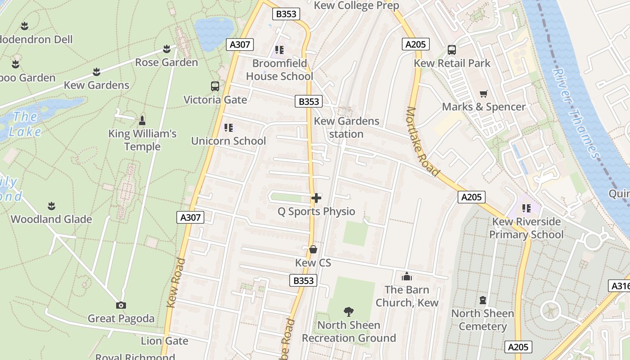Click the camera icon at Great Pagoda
[121, 306]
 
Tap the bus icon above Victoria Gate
[215, 86]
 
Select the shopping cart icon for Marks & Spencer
[484, 94]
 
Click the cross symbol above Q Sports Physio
[316, 198]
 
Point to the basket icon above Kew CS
[313, 249]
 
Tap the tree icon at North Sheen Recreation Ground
[348, 311]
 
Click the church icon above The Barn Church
[407, 276]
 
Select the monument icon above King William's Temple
[142, 120]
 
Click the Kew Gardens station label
[346, 127]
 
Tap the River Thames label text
[575, 112]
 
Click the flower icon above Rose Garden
[166, 49]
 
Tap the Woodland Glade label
[51, 219]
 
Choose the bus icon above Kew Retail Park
[452, 50]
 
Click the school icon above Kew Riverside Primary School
[526, 208]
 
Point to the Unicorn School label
[229, 141]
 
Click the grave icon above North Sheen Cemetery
[483, 300]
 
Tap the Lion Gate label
[165, 341]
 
